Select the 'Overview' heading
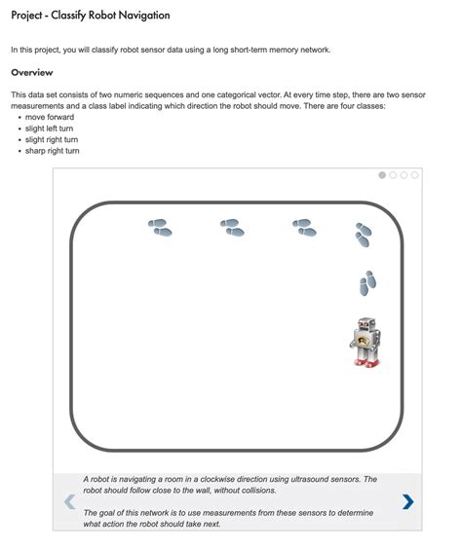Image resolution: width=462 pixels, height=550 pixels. point(32,73)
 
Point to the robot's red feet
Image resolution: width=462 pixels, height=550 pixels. point(365,363)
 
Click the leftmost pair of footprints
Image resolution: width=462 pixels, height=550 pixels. point(160,228)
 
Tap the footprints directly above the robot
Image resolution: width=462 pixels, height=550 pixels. point(366,283)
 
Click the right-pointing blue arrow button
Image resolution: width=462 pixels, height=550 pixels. point(407,501)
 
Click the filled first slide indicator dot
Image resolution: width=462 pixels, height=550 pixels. point(382,175)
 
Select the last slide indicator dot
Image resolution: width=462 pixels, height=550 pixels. point(415,175)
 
